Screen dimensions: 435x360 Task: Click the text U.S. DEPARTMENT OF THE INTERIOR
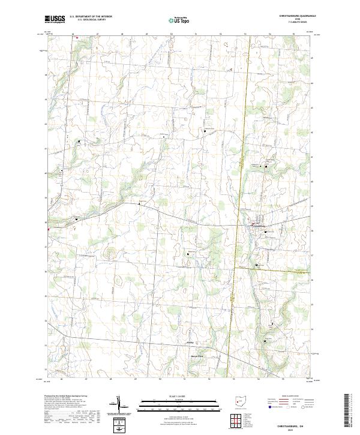coord(91,17)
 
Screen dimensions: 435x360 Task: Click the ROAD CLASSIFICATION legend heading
coord(292,397)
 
